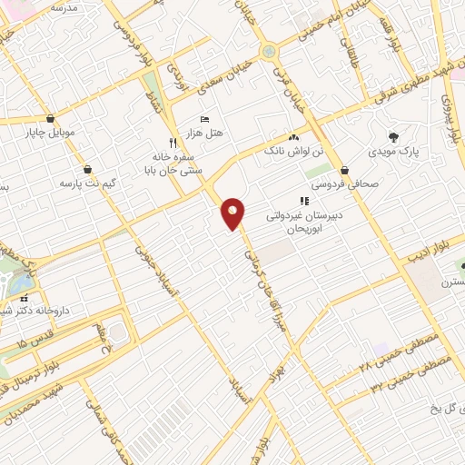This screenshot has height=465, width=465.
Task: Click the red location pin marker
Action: pos(233,213)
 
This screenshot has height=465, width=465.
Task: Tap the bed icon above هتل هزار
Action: pos(204,119)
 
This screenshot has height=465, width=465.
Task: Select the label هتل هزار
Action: pos(205,133)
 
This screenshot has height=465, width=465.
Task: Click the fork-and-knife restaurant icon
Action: pos(173,143)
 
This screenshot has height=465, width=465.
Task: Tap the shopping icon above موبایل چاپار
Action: pos(49,119)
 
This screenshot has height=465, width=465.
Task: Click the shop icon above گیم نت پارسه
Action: pos(87,170)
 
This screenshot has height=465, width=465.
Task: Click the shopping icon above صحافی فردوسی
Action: pos(345,170)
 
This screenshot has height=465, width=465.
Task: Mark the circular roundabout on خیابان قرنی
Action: pos(269,52)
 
